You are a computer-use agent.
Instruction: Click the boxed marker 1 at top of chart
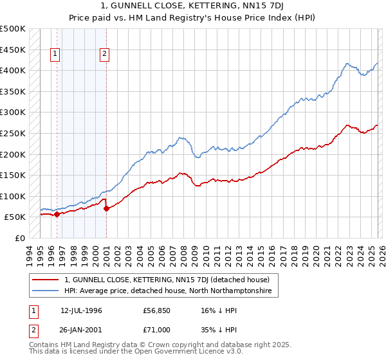(x=55, y=55)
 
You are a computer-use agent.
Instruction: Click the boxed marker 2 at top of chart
(x=104, y=55)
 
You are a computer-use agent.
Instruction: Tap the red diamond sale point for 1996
(x=57, y=215)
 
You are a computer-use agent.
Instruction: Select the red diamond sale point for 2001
(x=106, y=208)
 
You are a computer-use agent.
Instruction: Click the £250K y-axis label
(x=13, y=133)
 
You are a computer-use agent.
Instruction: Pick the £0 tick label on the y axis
(x=21, y=238)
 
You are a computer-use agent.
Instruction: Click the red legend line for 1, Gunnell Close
(x=46, y=280)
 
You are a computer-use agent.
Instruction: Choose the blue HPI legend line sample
(x=46, y=291)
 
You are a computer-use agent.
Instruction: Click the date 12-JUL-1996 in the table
(x=81, y=310)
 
